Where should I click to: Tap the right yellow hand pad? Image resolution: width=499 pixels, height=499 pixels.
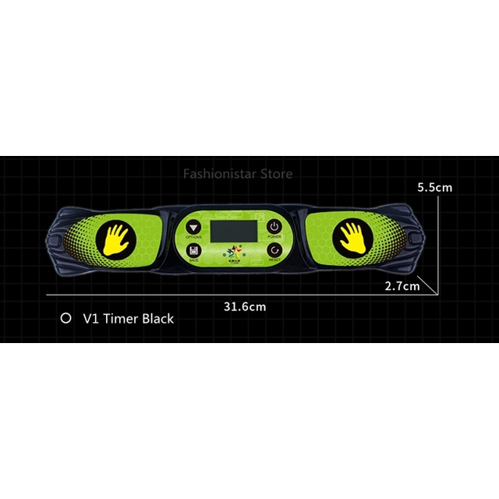coord(352,237)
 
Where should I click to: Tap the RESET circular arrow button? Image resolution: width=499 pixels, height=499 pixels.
coord(274,250)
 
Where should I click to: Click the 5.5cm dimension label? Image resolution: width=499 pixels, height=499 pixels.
coord(434,187)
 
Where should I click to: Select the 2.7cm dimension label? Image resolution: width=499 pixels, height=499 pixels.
coord(402,286)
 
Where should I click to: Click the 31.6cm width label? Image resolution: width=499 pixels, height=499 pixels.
coord(245,306)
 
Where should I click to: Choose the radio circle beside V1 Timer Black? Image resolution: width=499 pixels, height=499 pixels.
coord(66,318)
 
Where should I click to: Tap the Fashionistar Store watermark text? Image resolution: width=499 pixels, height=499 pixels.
coord(238,173)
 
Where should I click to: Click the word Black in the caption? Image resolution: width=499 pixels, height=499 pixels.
coord(157,318)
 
